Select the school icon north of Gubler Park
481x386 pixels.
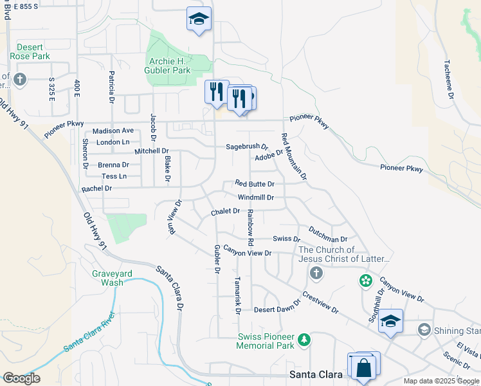pyautogui.click(x=199, y=19)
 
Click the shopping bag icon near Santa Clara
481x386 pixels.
pyautogui.click(x=363, y=367)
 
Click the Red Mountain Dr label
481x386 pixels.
pyautogui.click(x=293, y=156)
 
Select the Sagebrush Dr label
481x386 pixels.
pyautogui.click(x=246, y=147)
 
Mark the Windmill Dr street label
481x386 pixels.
pyautogui.click(x=255, y=198)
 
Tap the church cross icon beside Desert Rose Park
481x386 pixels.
pyautogui.click(x=19, y=80)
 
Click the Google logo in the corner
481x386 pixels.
pyautogui.click(x=21, y=378)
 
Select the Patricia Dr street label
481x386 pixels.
pyautogui.click(x=111, y=87)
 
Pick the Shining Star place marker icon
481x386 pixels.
pyautogui.click(x=424, y=330)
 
